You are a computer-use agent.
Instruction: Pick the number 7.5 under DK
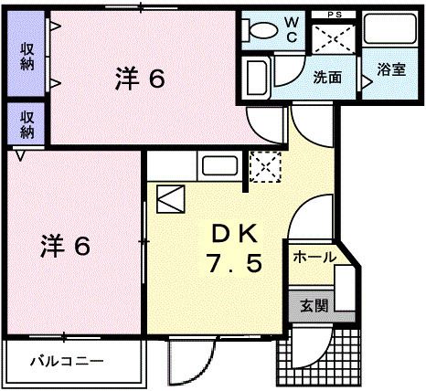point(232,265)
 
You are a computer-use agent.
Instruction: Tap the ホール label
point(314,259)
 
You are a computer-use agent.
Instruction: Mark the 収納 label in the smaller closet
point(27,122)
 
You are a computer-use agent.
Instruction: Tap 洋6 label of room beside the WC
point(140,79)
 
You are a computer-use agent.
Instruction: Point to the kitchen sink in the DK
point(220,167)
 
